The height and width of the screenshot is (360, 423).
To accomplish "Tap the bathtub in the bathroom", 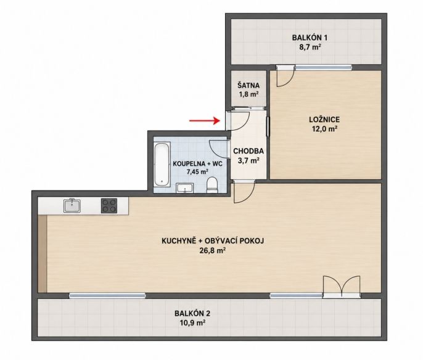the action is [162, 164].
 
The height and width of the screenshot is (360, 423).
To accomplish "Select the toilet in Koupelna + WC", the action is [212, 185].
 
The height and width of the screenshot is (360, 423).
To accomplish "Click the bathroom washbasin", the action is [185, 187].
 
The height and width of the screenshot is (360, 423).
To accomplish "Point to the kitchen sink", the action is [72, 205].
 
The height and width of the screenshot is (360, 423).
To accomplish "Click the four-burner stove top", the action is [109, 206].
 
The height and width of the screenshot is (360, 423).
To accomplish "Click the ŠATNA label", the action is [248, 86].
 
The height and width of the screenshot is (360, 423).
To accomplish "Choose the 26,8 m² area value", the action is [213, 251].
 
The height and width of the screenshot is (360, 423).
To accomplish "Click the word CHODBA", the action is [248, 151].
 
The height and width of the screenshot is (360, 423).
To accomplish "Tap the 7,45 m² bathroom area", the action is [198, 172].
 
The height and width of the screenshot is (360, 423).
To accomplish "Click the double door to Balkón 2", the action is [342, 287].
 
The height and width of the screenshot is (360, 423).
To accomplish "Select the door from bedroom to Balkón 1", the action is [285, 76].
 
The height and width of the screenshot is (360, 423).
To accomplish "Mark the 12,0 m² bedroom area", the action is [324, 129].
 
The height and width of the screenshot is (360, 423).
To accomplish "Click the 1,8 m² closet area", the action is [248, 94].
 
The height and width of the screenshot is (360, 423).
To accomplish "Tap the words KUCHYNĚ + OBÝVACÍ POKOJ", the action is [213, 240].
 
